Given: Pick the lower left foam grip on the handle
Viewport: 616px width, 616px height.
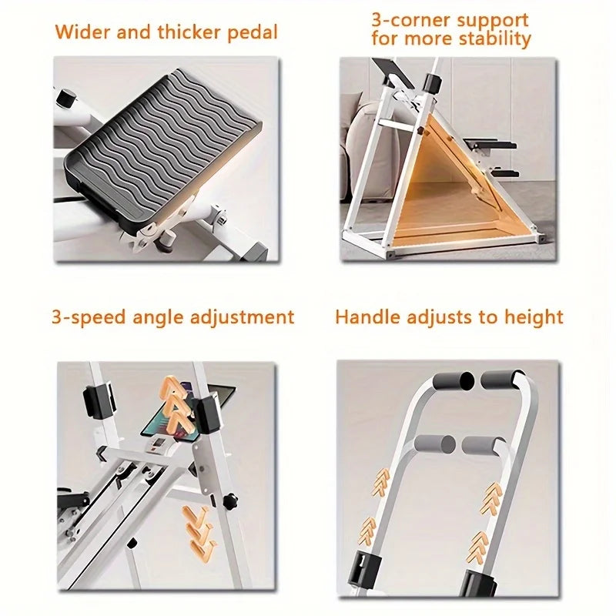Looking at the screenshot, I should click(436, 444).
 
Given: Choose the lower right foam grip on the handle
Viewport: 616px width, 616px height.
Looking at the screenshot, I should click(483, 445).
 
